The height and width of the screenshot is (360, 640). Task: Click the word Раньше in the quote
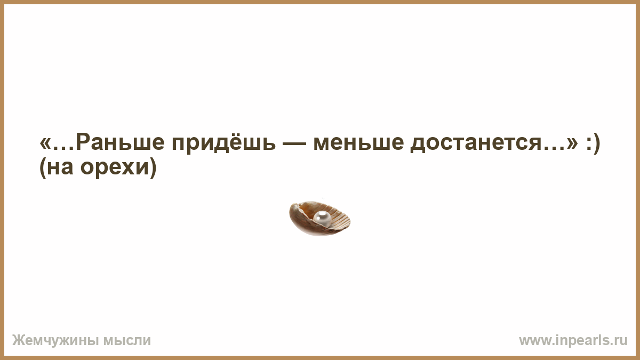121,142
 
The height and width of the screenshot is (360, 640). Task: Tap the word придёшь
224,143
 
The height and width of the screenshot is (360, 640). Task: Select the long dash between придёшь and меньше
294,143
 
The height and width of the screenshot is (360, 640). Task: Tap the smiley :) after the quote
593,143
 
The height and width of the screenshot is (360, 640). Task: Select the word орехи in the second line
115,168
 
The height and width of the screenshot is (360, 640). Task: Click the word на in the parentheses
60,168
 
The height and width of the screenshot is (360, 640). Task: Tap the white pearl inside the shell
322,218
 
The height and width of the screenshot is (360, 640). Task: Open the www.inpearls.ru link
573,341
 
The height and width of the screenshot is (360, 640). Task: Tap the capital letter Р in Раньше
83,142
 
